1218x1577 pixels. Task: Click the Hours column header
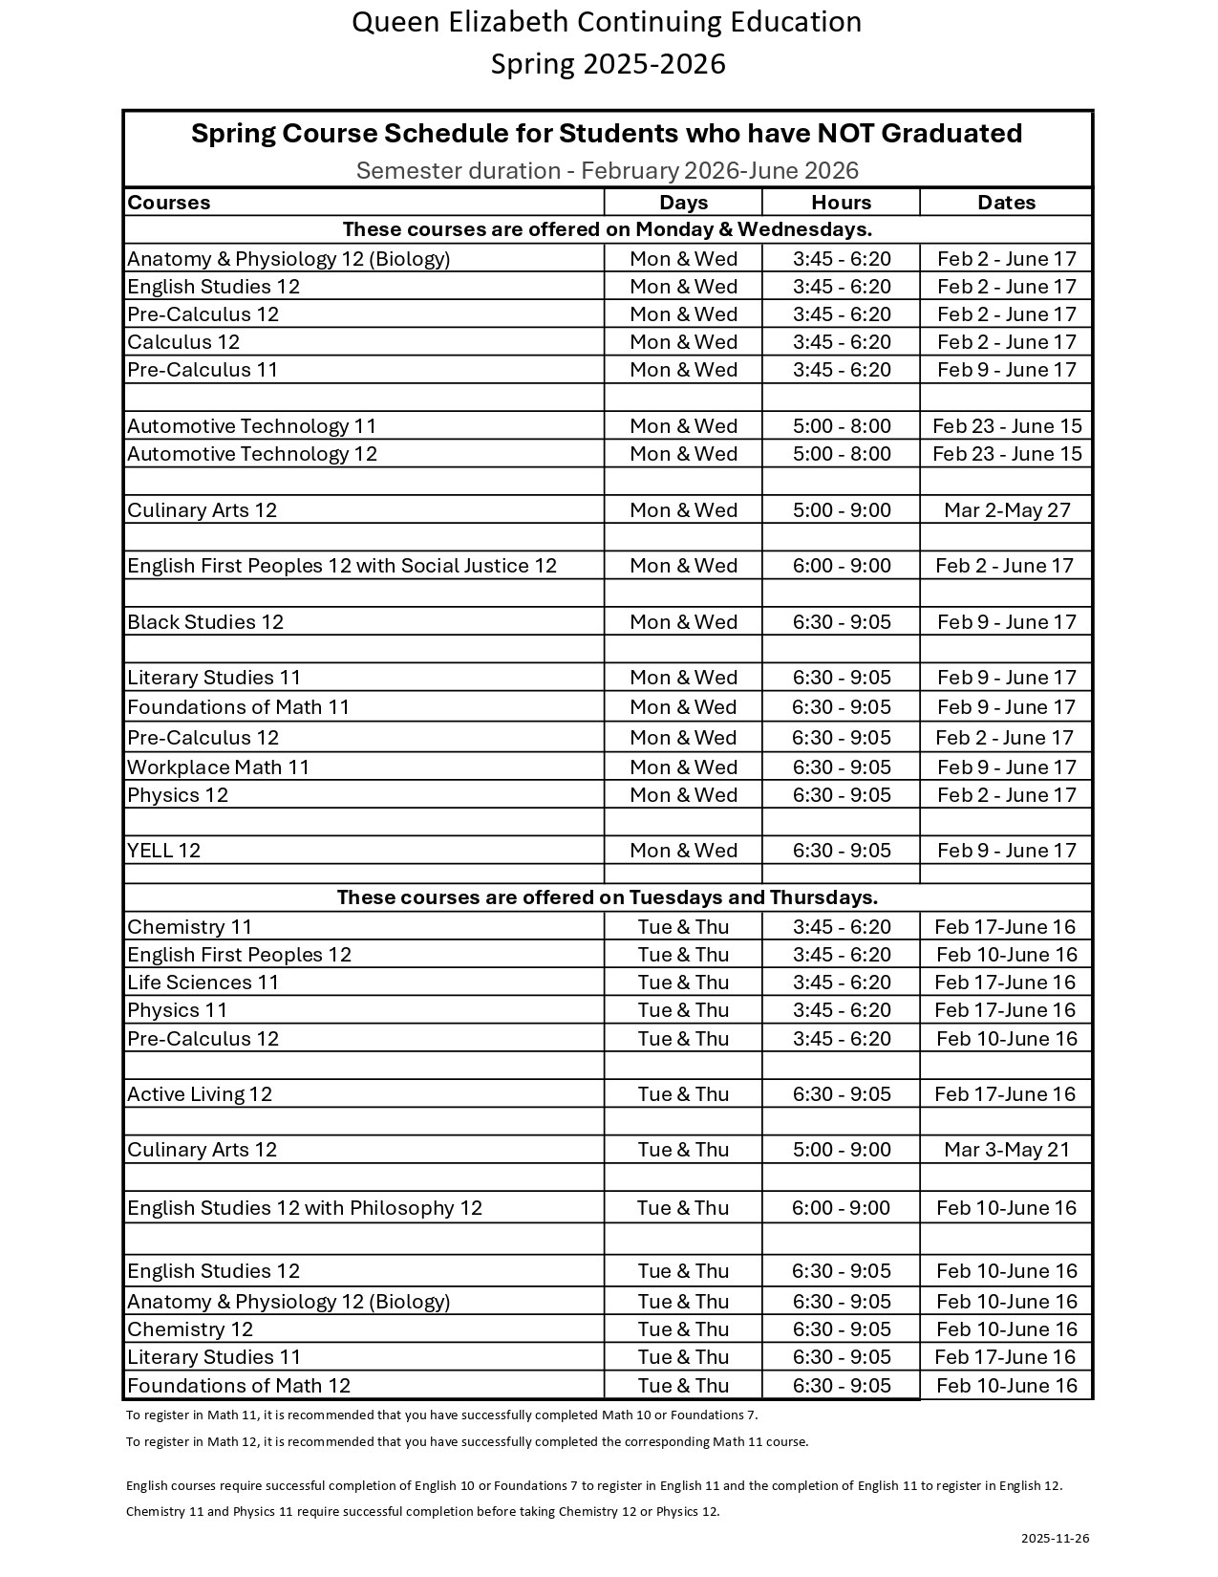[x=841, y=203]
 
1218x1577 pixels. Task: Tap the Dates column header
[x=1006, y=203]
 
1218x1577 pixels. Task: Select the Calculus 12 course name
[x=183, y=342]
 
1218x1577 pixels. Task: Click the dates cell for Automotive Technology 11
[x=1006, y=426]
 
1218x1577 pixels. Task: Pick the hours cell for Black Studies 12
[x=841, y=622]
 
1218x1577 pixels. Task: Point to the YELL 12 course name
[x=164, y=851]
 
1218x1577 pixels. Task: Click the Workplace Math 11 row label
[x=219, y=767]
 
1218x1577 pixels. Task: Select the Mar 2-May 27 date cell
[x=1006, y=510]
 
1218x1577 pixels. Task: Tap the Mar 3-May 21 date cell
[x=1006, y=1150]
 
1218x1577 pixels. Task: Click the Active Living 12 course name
[x=200, y=1094]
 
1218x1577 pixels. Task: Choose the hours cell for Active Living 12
[x=841, y=1094]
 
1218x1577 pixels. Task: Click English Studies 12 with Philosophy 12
[x=305, y=1208]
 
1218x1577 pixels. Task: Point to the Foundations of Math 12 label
[x=239, y=1386]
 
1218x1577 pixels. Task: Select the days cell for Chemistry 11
[x=683, y=927]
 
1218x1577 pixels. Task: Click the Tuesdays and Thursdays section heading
[x=608, y=897]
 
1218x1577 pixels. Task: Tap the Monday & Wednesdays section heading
[x=608, y=229]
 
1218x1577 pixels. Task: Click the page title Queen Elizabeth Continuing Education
[x=607, y=22]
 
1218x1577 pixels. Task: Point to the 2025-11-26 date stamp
[x=1055, y=1538]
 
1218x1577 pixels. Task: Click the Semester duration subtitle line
[x=608, y=171]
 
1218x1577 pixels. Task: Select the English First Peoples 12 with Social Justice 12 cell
[x=342, y=566]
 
